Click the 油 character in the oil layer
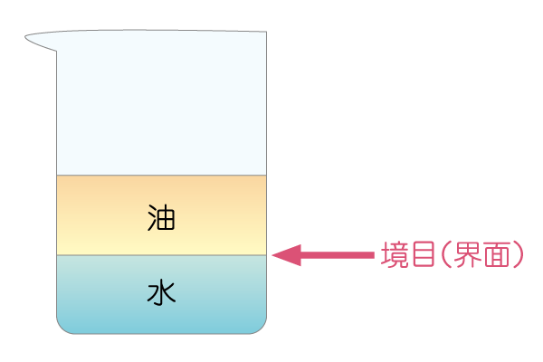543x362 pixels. click(x=161, y=217)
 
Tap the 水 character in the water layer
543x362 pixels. click(x=161, y=293)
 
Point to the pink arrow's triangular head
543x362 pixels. click(x=287, y=255)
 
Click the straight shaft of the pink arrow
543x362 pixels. click(x=338, y=255)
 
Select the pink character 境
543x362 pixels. click(x=395, y=254)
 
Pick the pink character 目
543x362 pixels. click(x=423, y=254)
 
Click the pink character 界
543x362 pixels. click(x=468, y=254)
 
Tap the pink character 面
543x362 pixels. click(x=497, y=254)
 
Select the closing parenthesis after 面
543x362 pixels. click(x=518, y=254)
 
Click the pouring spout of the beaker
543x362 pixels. click(x=41, y=41)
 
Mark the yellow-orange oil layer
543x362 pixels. click(x=161, y=215)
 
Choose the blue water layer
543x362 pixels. click(x=161, y=294)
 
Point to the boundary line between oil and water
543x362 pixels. click(x=161, y=255)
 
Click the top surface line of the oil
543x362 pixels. click(x=161, y=176)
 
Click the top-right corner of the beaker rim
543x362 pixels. click(x=266, y=32)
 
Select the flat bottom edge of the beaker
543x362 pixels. click(x=161, y=334)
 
